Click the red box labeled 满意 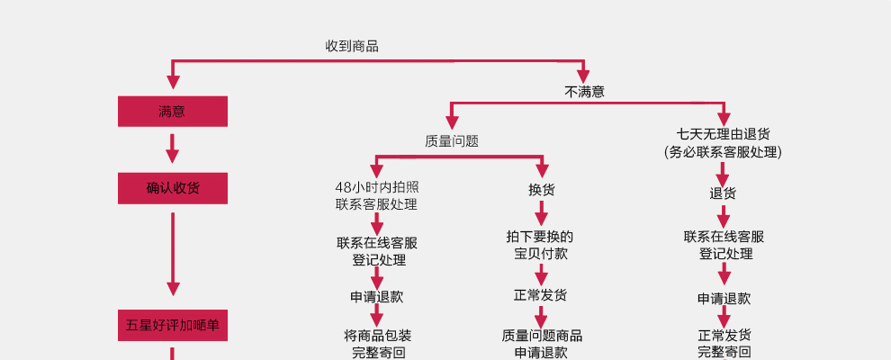(x=172, y=112)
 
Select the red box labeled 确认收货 (x=172, y=188)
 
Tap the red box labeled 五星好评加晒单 (x=172, y=326)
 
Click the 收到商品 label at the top (x=352, y=46)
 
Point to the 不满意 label (x=584, y=91)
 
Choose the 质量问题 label (x=452, y=141)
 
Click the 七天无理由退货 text (x=724, y=134)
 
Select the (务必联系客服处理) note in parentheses (x=723, y=152)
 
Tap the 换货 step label (x=541, y=190)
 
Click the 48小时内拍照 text (x=377, y=187)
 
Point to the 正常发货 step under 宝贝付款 (x=541, y=295)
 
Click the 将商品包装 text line (x=378, y=335)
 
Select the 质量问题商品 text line (x=542, y=336)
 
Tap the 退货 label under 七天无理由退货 (x=723, y=193)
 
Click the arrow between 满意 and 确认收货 (x=172, y=149)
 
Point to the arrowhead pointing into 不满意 (x=583, y=76)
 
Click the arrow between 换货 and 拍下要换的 (x=541, y=214)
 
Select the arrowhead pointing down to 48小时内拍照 (x=377, y=170)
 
